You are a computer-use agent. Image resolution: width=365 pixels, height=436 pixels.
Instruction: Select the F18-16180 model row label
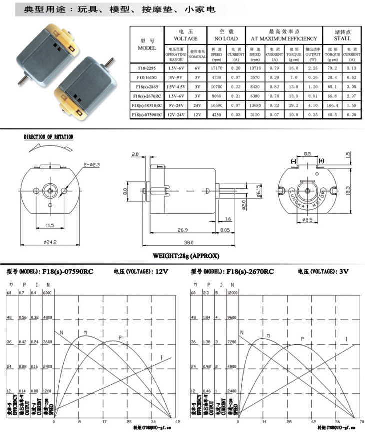point(147,77)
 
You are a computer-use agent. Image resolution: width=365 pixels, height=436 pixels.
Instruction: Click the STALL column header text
point(343,38)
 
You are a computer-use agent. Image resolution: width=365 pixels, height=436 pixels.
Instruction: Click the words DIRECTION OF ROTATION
point(49,137)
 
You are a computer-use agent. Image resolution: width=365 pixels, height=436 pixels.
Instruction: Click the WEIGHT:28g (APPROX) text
point(186,256)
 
